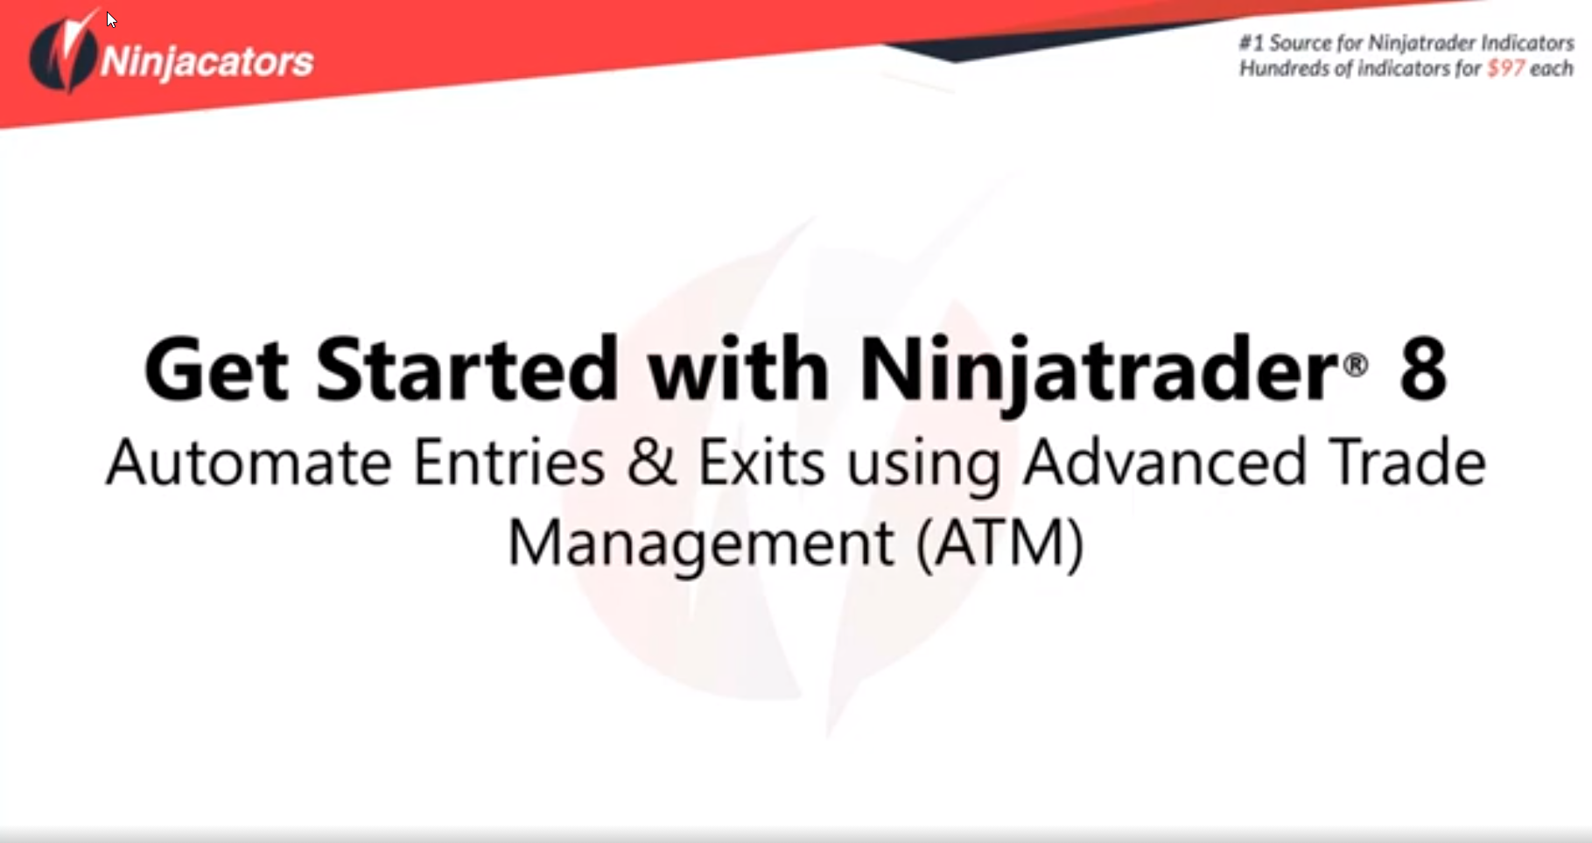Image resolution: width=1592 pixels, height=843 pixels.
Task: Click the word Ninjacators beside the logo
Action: point(207,61)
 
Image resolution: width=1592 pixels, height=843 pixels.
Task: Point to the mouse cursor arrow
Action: point(111,19)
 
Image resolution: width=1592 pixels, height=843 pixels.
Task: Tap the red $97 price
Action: point(1505,68)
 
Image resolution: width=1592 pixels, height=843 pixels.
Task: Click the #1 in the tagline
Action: point(1252,42)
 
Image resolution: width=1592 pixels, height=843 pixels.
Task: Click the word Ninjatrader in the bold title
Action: point(1098,372)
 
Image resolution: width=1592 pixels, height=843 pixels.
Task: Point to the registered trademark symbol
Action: point(1355,364)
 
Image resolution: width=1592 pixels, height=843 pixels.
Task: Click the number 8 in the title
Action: point(1423,369)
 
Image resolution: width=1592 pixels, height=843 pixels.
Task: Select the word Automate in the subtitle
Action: point(249,462)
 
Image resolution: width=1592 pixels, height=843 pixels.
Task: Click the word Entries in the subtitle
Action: point(508,462)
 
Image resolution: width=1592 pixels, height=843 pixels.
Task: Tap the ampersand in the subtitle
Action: point(651,462)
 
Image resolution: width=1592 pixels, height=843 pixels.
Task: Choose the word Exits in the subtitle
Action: point(761,462)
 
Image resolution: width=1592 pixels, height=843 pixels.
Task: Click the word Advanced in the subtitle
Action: point(1165,461)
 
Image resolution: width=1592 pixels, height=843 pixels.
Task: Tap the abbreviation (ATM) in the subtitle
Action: point(1000,543)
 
